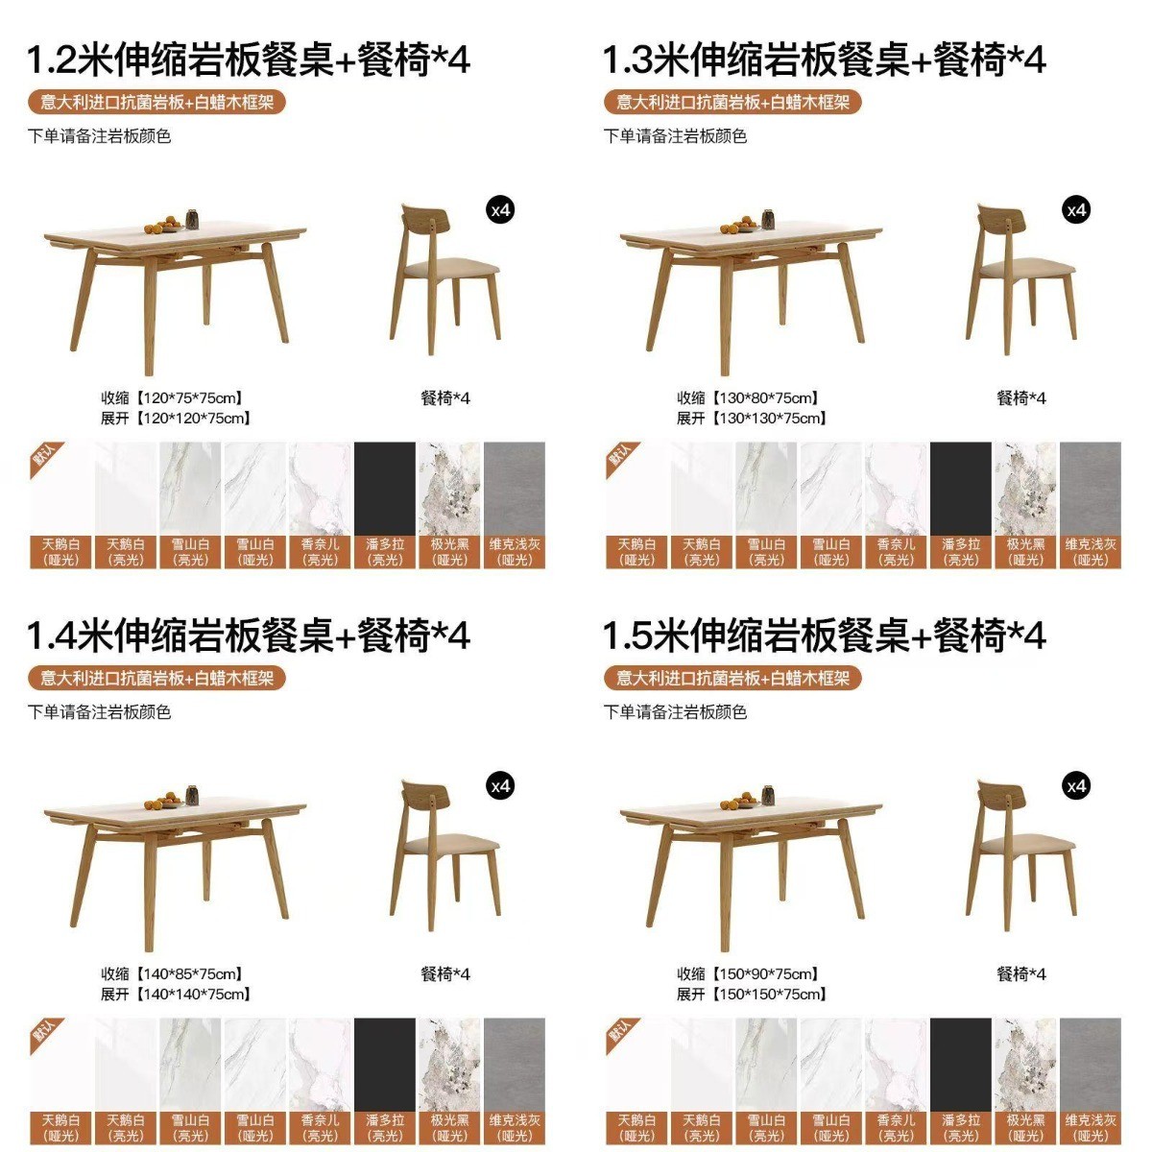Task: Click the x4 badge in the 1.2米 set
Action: (500, 210)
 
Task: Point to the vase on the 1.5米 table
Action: (768, 795)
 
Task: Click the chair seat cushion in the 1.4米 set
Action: (451, 845)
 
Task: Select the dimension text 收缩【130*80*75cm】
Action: (747, 397)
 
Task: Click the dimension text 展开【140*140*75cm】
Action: (175, 995)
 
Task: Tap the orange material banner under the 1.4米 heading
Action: (156, 678)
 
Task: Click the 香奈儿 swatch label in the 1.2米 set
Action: (321, 552)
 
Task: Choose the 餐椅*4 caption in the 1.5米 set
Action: (1021, 973)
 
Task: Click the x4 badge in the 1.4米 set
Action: (500, 786)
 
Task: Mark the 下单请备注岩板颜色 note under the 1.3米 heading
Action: (675, 136)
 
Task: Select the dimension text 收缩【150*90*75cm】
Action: (747, 973)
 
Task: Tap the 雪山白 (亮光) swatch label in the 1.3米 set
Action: (766, 552)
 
